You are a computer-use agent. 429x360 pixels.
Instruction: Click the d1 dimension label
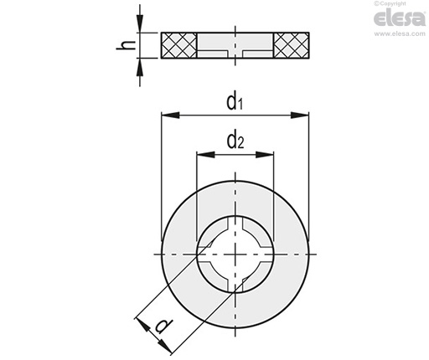(235, 102)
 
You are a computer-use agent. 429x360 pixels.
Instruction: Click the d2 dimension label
(235, 141)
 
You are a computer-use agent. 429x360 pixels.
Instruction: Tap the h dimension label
(126, 45)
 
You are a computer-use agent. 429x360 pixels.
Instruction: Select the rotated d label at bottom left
(164, 326)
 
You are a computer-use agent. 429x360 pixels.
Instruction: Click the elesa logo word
(400, 18)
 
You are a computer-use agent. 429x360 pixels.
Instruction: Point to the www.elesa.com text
(400, 33)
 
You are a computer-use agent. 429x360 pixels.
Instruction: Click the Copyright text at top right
(390, 3)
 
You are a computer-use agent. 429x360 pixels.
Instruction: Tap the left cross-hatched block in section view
(179, 45)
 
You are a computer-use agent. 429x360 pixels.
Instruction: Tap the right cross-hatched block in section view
(292, 45)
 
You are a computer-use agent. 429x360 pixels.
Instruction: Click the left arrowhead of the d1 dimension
(170, 115)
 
